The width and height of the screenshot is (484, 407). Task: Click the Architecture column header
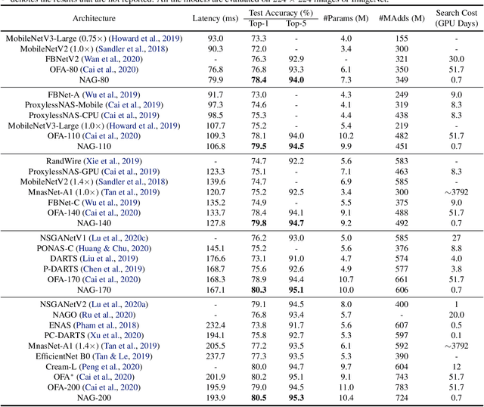95,17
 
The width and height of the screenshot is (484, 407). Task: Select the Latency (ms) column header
208,17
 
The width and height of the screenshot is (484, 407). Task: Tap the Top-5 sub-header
296,24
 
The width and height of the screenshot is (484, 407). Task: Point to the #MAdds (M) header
401,17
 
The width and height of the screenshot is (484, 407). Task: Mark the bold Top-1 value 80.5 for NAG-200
259,398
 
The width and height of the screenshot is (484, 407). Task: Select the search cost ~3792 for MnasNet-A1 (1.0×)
456,193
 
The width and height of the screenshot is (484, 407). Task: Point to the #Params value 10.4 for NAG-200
346,398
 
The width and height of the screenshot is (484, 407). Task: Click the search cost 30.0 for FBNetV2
456,58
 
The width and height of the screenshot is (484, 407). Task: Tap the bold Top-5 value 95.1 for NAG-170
296,290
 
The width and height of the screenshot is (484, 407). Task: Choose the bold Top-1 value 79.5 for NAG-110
259,146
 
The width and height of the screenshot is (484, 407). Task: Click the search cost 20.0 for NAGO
456,315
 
